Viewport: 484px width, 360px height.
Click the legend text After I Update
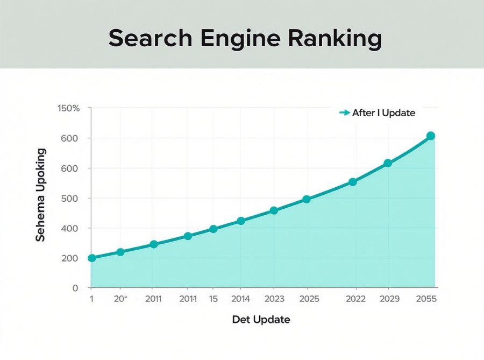[x=383, y=113]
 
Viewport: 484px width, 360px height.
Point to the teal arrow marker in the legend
[x=344, y=113]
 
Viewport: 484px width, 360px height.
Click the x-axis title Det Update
[x=261, y=320]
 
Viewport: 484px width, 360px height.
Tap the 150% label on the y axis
[x=68, y=108]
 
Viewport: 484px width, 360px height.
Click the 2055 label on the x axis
[x=426, y=299]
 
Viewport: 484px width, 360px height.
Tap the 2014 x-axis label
[x=240, y=299]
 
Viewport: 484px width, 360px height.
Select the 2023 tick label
[x=274, y=299]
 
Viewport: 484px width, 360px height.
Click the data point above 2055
[x=431, y=136]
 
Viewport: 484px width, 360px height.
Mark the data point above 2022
[x=353, y=182]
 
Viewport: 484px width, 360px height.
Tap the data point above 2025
[x=307, y=199]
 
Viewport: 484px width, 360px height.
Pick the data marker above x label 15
[x=213, y=229]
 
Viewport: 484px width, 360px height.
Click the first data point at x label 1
[x=91, y=258]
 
